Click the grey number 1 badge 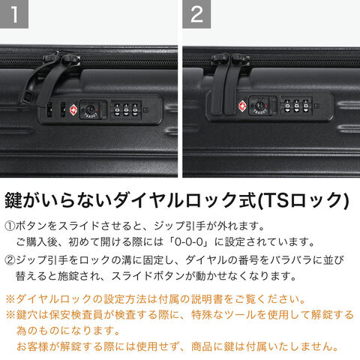pyautogui.click(x=14, y=14)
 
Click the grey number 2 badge pyautogui.click(x=196, y=14)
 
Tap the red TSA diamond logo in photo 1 pyautogui.click(x=73, y=110)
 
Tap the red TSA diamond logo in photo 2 pyautogui.click(x=242, y=106)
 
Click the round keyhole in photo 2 pyautogui.click(x=259, y=106)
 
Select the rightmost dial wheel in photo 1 pyautogui.click(x=135, y=109)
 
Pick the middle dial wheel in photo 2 pyautogui.click(x=296, y=106)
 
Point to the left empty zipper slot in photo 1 pyautogui.click(x=49, y=109)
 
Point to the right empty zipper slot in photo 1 pyautogui.click(x=63, y=109)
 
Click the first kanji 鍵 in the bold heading pyautogui.click(x=13, y=200)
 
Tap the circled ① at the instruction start pyautogui.click(x=10, y=226)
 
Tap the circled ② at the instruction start pyautogui.click(x=10, y=260)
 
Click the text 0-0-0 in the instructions pyautogui.click(x=189, y=242)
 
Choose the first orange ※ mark pyautogui.click(x=10, y=299)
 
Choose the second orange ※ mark pyautogui.click(x=10, y=315)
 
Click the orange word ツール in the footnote pyautogui.click(x=241, y=315)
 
